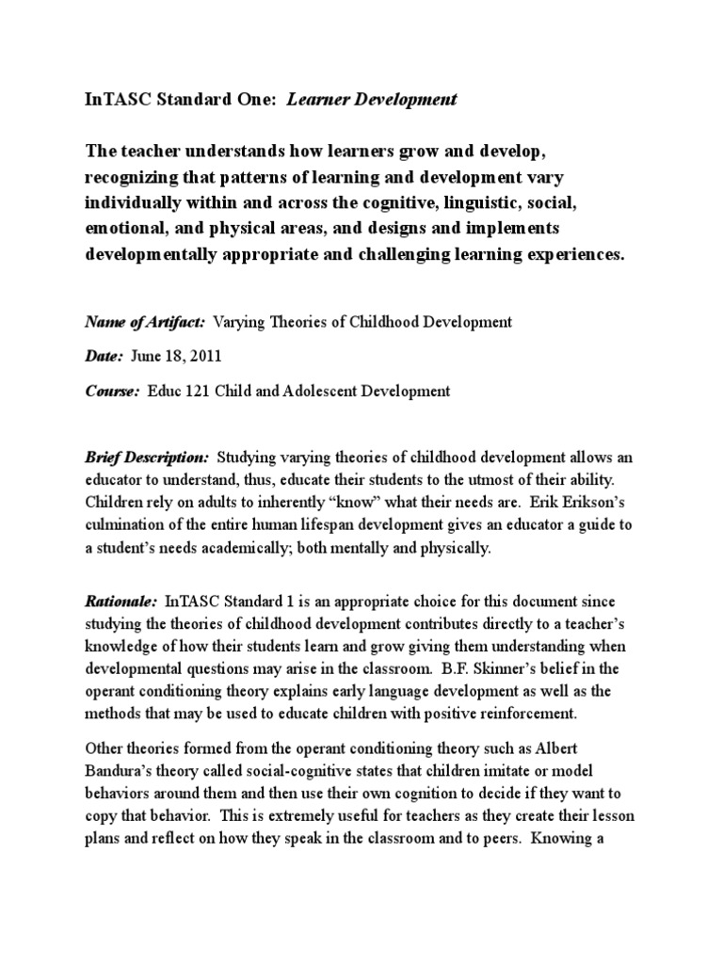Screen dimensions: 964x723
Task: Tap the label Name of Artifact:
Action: [x=145, y=322]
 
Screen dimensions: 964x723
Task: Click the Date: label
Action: [x=104, y=356]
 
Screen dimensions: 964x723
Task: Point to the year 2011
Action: [x=217, y=356]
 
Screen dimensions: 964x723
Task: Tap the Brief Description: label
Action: [x=147, y=458]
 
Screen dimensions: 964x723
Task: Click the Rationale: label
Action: [x=122, y=601]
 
